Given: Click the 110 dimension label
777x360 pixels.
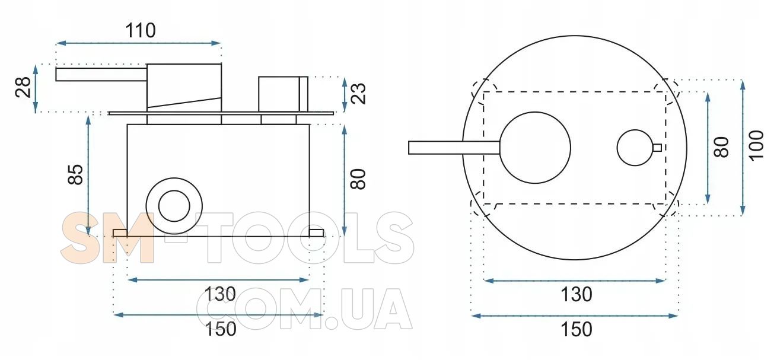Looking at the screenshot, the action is tap(141, 30).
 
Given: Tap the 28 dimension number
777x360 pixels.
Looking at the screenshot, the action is tap(23, 87).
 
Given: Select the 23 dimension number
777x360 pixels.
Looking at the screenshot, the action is tap(358, 93).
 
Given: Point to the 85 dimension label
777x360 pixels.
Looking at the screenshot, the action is tap(75, 174).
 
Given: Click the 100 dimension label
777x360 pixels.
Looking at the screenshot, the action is tap(756, 145).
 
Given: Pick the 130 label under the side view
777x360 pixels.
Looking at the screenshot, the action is tap(220, 294).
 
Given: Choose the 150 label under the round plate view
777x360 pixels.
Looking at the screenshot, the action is tap(576, 329).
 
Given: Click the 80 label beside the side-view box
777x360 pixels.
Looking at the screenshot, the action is tap(358, 179).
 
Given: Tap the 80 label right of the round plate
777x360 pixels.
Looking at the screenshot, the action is tap(721, 147).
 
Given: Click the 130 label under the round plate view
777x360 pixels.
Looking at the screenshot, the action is tap(576, 294).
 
